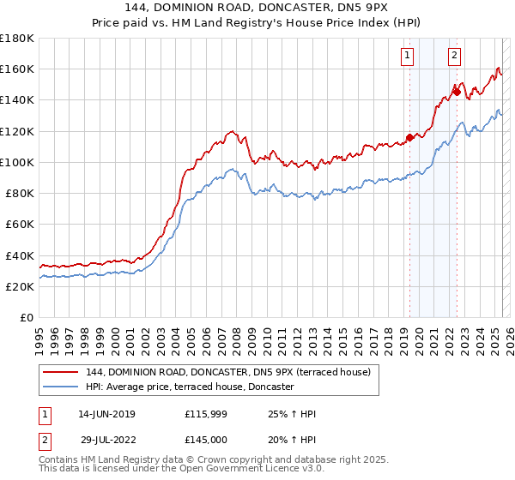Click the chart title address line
pyautogui.click(x=257, y=9)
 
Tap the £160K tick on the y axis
pyautogui.click(x=17, y=69)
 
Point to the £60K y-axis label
pyautogui.click(x=20, y=224)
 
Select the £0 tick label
pyautogui.click(x=27, y=317)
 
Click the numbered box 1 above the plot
pyautogui.click(x=406, y=57)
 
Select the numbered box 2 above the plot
pyautogui.click(x=453, y=57)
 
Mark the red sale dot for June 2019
pyautogui.click(x=409, y=137)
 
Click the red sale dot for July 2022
pyautogui.click(x=457, y=93)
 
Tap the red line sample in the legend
pyautogui.click(x=60, y=372)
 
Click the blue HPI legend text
pyautogui.click(x=190, y=387)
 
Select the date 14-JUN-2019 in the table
pyautogui.click(x=106, y=415)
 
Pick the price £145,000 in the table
pyautogui.click(x=206, y=439)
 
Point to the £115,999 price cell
pyautogui.click(x=206, y=415)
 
